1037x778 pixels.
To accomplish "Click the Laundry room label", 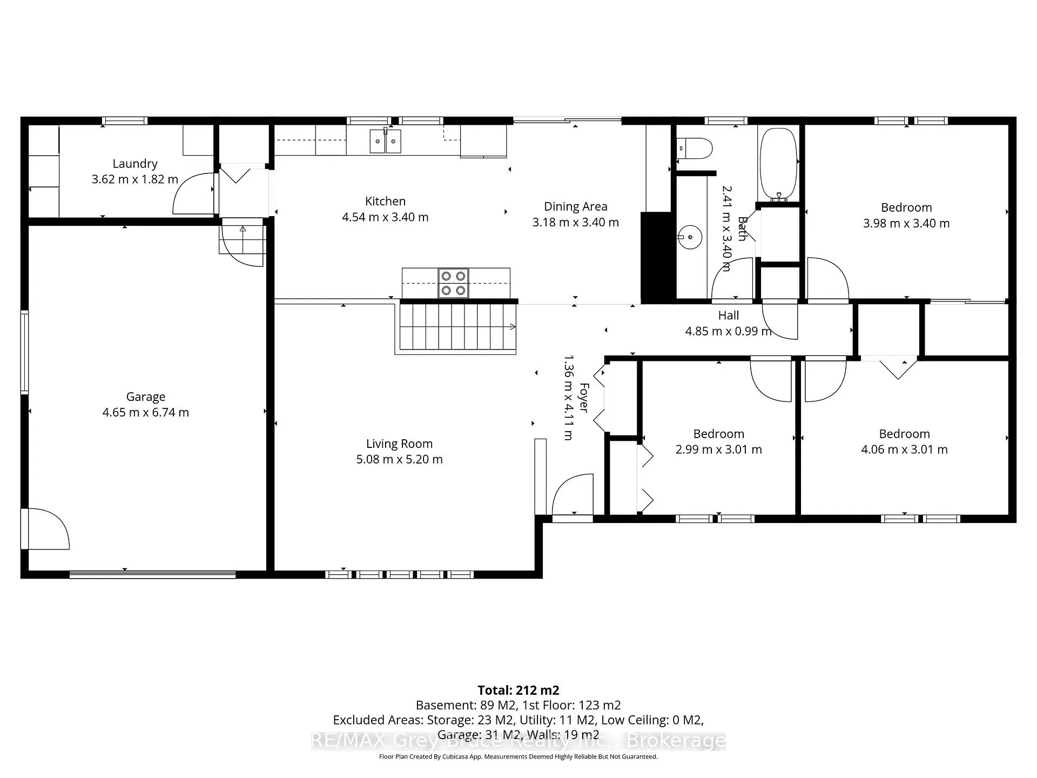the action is pos(135,164).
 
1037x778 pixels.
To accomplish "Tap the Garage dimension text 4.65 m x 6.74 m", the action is pos(146,413).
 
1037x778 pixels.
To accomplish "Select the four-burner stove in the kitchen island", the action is pos(453,283).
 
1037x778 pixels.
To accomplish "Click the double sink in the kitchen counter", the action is pos(386,141).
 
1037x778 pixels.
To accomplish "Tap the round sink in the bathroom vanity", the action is pos(689,237).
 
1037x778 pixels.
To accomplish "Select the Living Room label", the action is pos(399,444).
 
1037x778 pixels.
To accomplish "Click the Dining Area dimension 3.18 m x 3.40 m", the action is pos(576,223).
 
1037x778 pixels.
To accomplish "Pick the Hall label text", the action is pos(729,316).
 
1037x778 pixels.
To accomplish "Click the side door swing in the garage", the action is pos(46,529).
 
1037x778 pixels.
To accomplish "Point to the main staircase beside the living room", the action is pos(456,328).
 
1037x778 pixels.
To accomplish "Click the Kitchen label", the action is pos(385,202).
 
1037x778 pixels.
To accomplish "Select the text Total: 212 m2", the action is pos(518,690).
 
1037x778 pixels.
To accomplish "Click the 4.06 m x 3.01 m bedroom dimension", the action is pos(904,450).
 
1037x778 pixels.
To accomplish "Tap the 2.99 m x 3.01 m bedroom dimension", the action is pos(719,450).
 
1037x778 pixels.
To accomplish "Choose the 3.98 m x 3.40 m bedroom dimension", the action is pos(906,223).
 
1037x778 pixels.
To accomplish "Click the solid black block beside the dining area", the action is pos(658,257).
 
